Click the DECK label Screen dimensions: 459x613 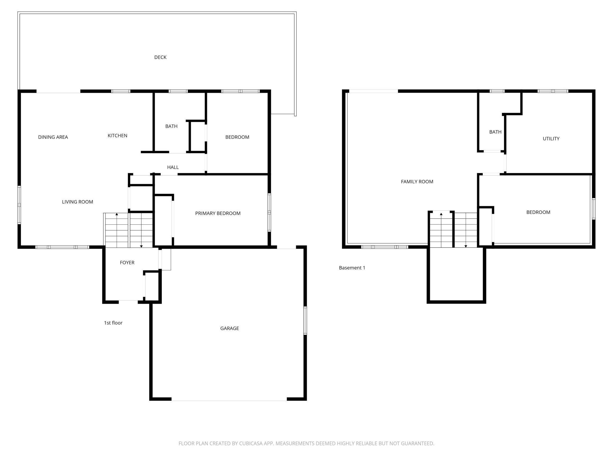(x=160, y=57)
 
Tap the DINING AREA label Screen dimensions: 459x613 (x=53, y=137)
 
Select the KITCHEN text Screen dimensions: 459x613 (x=117, y=135)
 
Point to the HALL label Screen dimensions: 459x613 (x=173, y=167)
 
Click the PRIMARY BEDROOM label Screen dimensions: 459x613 (x=218, y=213)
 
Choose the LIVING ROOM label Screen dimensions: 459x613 (x=78, y=202)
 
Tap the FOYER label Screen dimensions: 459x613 (x=127, y=262)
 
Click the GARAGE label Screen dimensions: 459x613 (x=230, y=328)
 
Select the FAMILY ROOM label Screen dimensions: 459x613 (x=417, y=182)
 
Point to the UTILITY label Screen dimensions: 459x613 (x=551, y=139)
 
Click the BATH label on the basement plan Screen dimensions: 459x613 (x=495, y=132)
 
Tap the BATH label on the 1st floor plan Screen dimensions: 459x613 (x=171, y=126)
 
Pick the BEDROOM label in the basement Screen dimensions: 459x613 (x=538, y=212)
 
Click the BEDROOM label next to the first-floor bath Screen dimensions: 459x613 (x=237, y=137)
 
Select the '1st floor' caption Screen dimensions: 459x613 (x=113, y=323)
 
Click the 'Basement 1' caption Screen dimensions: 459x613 (x=352, y=268)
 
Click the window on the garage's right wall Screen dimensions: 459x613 (x=305, y=320)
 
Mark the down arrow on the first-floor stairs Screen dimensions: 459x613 (x=141, y=246)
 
